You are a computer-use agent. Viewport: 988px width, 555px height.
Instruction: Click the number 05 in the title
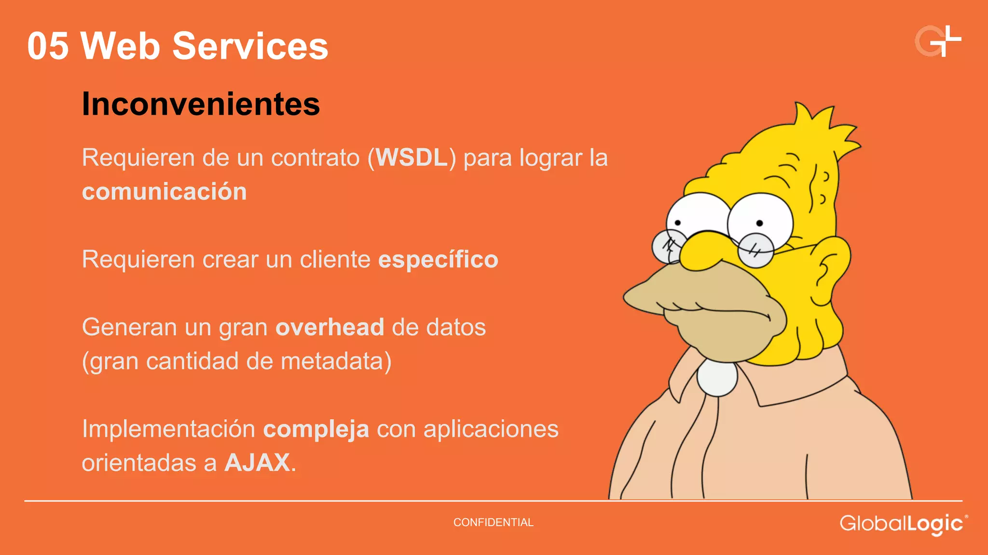[48, 46]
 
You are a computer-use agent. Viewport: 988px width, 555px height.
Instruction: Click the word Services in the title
[250, 46]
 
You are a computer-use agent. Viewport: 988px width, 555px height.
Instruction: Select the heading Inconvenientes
[201, 104]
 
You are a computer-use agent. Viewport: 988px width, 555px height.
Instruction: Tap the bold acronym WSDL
[412, 158]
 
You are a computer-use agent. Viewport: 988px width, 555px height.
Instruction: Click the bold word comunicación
[164, 192]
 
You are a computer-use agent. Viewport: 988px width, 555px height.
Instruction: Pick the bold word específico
[438, 260]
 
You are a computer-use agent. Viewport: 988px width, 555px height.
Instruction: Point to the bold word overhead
[329, 328]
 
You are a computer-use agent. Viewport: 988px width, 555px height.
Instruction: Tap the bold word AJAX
[257, 463]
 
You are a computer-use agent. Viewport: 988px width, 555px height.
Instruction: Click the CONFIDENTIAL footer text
[493, 522]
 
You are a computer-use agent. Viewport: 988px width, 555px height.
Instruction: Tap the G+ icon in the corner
[937, 41]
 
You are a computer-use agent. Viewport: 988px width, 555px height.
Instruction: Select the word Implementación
[168, 429]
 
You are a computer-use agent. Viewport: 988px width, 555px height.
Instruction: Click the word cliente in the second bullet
[335, 260]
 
